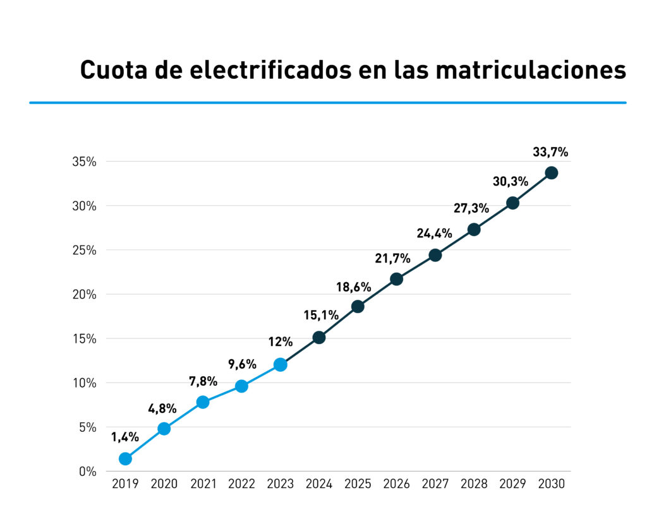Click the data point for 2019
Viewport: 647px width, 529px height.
tap(125, 459)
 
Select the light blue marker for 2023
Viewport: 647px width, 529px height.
tap(281, 365)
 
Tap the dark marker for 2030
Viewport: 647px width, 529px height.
tap(552, 173)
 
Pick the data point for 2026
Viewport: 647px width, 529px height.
tap(396, 279)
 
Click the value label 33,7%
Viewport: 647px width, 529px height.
tap(550, 152)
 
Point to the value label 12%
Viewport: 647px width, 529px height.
tap(280, 342)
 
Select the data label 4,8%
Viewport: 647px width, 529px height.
tap(162, 408)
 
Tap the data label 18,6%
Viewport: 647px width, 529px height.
tap(354, 287)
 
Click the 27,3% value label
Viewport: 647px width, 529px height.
tap(471, 208)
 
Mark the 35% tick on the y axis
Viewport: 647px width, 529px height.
tap(83, 162)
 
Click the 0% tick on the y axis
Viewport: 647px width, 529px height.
tap(87, 472)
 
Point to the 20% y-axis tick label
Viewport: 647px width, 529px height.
tap(83, 294)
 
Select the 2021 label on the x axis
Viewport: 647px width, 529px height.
tap(203, 484)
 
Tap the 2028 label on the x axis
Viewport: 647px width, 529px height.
tap(474, 484)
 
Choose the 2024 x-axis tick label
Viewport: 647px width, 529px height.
tap(319, 484)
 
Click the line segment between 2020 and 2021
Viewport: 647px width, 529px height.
tap(183, 415)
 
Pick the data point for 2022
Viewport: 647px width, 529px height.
tap(241, 386)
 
